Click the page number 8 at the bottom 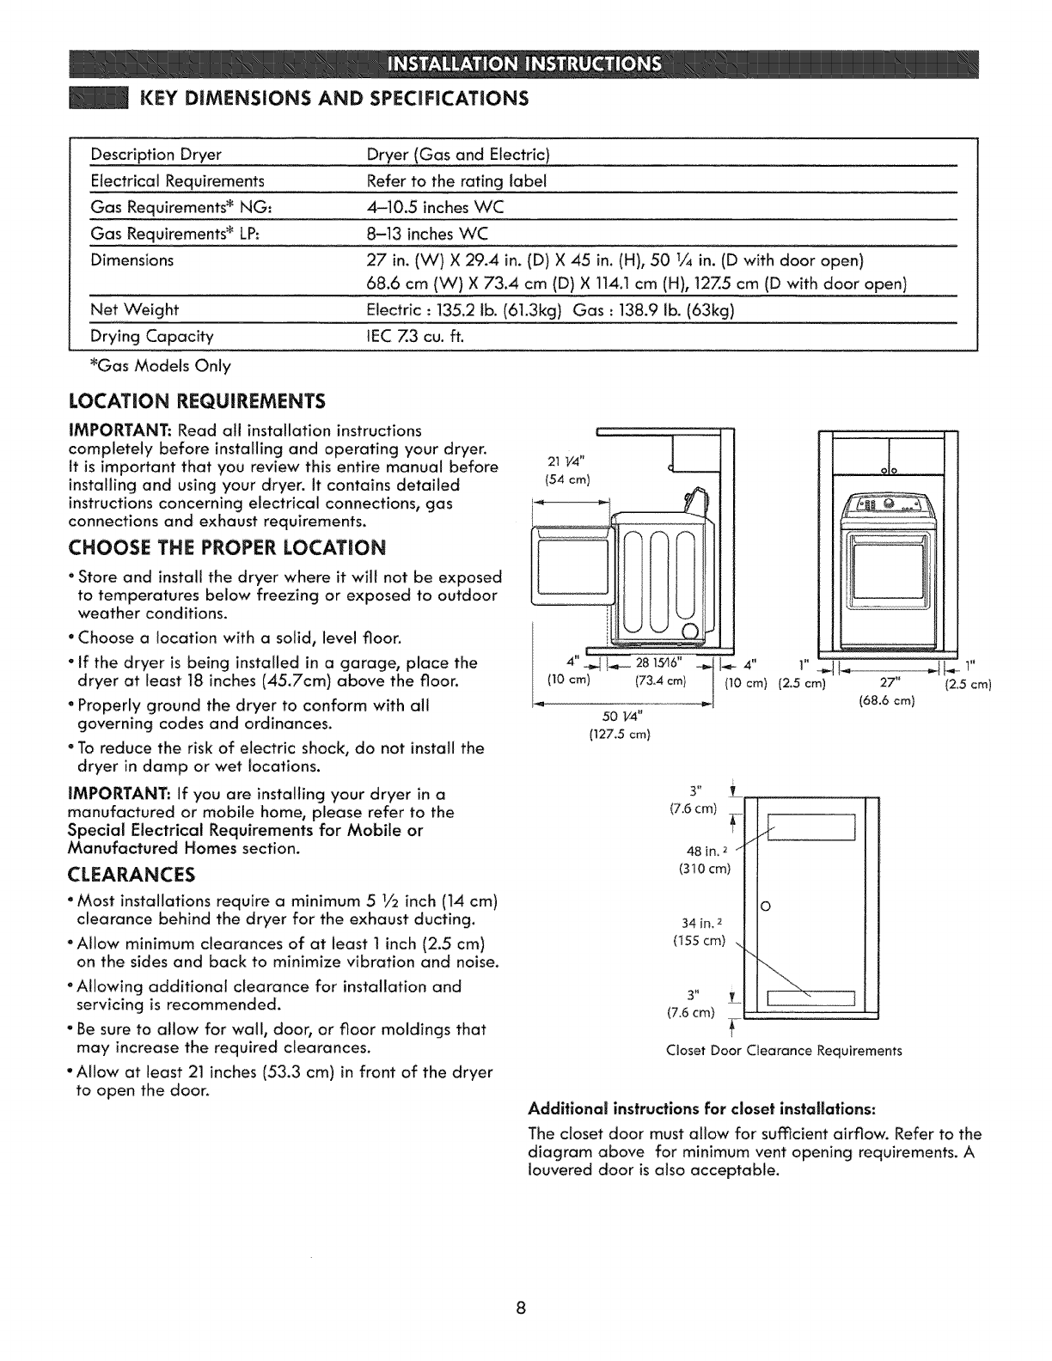pyautogui.click(x=519, y=1309)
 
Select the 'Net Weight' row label pyautogui.click(x=135, y=310)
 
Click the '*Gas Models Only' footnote pyautogui.click(x=159, y=366)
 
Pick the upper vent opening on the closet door pyautogui.click(x=812, y=827)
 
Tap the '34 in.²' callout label pyautogui.click(x=700, y=923)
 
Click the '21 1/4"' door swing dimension pyautogui.click(x=560, y=464)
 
